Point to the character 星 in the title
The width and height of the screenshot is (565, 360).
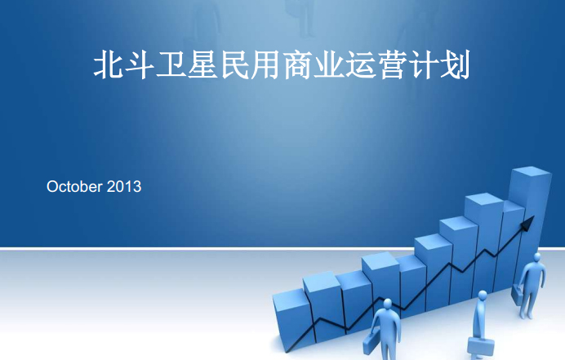tap(202, 65)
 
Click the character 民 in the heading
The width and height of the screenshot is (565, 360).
tap(234, 65)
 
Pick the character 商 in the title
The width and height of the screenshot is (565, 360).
tap(298, 65)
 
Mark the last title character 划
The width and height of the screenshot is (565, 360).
tap(456, 65)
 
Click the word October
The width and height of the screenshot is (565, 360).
tap(74, 187)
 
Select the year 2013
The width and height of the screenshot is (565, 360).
tap(124, 187)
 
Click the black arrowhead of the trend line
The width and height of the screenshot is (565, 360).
tap(528, 223)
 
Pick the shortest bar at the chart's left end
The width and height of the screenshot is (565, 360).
tap(291, 321)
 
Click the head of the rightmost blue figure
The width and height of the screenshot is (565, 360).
tap(537, 257)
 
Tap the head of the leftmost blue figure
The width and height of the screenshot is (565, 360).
tap(387, 304)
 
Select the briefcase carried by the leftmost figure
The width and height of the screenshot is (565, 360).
tap(370, 342)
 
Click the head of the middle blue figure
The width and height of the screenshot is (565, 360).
tap(483, 296)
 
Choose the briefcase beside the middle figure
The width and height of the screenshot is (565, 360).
tap(481, 347)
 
